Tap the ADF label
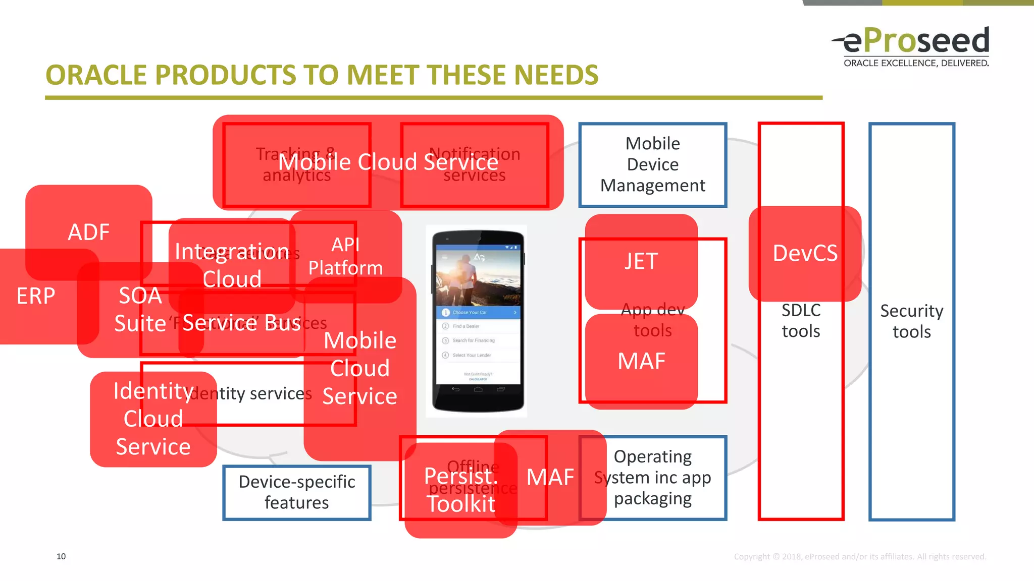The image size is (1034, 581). pos(89,233)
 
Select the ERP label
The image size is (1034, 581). pos(35,296)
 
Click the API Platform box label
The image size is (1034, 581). pos(346,256)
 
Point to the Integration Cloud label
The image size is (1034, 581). pos(232,265)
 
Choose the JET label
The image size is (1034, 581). pos(641,262)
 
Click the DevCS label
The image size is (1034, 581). pos(805,253)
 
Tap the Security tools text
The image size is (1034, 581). pos(911,321)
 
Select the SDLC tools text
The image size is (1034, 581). pos(801,321)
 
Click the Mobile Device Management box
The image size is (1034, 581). pos(652,164)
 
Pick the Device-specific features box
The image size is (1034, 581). pos(297,492)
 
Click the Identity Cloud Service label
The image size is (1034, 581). pos(153,419)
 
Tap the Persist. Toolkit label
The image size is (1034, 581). pos(461,490)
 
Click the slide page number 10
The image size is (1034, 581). pos(61,556)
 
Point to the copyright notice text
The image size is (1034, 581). pos(859,557)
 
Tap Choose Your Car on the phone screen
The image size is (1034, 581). pos(470,313)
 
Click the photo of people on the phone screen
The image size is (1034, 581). pos(478,277)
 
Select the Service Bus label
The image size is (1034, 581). pos(241,323)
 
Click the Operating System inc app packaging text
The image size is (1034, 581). pos(653,478)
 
